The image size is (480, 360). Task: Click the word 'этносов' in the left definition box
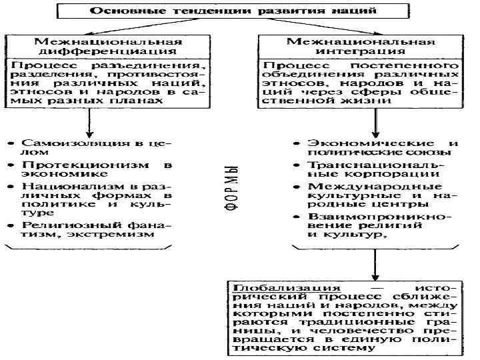tap(36, 92)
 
